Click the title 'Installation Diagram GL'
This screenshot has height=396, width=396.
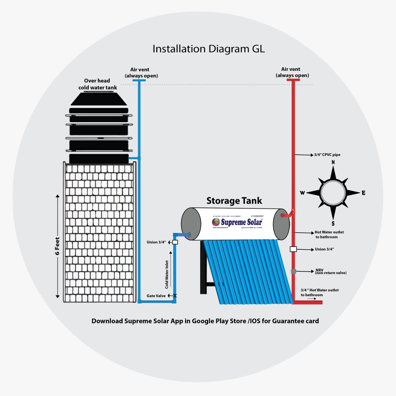coord(209,49)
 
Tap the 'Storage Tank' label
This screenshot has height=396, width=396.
coord(234,201)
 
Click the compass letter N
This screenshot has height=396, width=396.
coord(333,162)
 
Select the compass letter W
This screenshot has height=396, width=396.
coord(302,193)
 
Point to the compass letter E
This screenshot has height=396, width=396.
coord(364,193)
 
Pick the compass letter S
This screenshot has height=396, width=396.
coord(333,223)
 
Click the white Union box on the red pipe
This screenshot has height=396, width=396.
coord(293,249)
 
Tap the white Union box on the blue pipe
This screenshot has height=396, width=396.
coord(175,242)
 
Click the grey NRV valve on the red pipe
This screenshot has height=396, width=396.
coord(293,271)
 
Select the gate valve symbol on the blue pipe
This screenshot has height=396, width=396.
coord(175,296)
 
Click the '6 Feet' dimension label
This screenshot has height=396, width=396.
coord(57,246)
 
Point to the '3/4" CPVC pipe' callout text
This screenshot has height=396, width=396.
coord(327,155)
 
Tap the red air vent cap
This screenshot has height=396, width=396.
coord(293,80)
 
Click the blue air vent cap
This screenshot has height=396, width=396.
coord(139,80)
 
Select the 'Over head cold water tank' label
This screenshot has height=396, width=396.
coord(97,84)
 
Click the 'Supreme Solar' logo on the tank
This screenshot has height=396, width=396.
coord(237,222)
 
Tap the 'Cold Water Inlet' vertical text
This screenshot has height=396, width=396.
coord(167,274)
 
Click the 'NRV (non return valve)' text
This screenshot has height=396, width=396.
coord(331,272)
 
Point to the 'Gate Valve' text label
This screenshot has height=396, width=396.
coord(156,296)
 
